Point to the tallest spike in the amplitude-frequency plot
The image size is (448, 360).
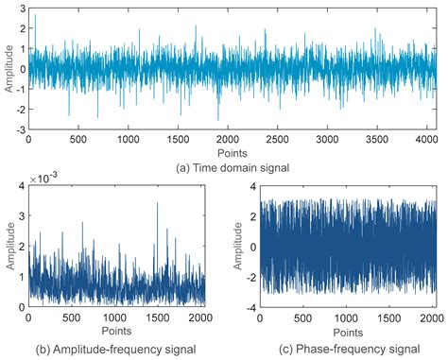(x=157, y=203)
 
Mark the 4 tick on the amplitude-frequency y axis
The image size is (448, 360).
(x=21, y=188)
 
